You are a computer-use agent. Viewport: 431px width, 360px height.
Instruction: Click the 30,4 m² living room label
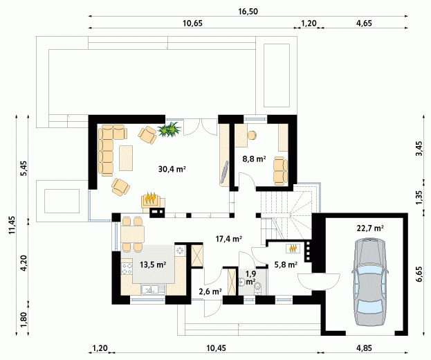(172, 169)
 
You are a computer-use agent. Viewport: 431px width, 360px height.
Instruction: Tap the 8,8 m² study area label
(254, 159)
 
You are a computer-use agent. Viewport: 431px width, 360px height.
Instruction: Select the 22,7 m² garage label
(370, 228)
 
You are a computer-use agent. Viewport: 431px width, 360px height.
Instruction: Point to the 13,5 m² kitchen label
(153, 265)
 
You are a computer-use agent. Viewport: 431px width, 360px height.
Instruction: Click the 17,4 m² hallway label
(229, 239)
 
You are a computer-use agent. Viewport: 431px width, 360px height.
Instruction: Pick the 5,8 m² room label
(286, 265)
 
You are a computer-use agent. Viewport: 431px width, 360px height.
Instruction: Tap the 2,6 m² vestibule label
(210, 291)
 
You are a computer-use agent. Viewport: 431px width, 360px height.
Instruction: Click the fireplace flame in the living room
(151, 198)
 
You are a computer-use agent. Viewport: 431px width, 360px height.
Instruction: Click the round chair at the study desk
(252, 135)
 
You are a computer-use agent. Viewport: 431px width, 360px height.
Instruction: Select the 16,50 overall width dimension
(248, 12)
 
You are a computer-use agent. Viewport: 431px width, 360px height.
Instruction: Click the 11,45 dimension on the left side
(12, 225)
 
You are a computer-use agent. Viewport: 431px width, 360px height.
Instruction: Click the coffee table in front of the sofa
(126, 158)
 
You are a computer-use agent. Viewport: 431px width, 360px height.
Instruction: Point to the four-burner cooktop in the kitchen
(127, 269)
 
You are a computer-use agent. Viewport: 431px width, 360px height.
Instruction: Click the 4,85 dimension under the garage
(365, 348)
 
